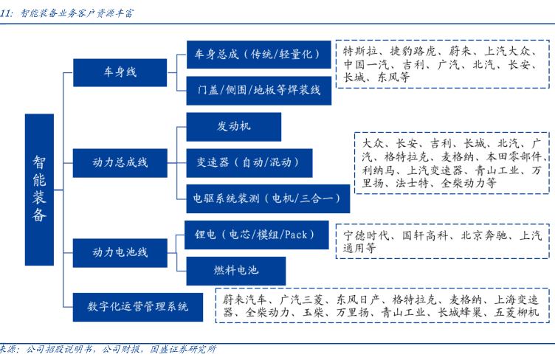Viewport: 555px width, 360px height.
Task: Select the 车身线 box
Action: point(120,72)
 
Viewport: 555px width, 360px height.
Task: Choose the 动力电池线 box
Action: point(120,252)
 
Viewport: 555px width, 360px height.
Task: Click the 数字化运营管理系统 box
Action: point(137,306)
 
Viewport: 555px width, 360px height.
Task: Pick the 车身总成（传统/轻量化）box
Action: point(258,54)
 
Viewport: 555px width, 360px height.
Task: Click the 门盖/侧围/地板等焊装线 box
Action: point(258,90)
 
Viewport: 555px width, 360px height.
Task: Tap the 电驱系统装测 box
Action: point(267,198)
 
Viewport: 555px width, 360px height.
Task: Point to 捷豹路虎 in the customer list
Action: point(414,52)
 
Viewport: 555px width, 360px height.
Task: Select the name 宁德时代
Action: point(365,237)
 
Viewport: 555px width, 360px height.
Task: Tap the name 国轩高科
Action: point(424,237)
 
